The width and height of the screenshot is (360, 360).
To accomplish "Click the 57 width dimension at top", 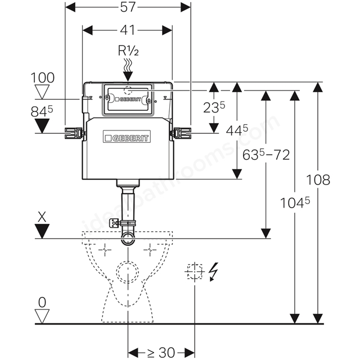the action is (128, 7).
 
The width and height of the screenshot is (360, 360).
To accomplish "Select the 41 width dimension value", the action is (128, 30).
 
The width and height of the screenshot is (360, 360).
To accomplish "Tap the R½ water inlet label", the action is (128, 51).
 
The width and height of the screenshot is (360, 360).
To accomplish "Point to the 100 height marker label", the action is (43, 78).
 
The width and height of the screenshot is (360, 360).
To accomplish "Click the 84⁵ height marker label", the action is (42, 112).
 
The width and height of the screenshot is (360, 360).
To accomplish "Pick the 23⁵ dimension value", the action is (214, 107).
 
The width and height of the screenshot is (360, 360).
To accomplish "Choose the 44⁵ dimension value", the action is (237, 130).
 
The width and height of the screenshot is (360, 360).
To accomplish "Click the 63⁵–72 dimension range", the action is (266, 155).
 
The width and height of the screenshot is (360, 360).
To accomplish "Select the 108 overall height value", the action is (318, 179).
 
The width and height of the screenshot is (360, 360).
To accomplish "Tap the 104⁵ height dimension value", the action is (295, 202).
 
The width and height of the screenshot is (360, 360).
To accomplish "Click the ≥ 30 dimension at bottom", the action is (161, 353).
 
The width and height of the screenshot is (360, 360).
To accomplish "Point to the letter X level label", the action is (42, 217).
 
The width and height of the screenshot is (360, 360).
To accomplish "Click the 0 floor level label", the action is (42, 303).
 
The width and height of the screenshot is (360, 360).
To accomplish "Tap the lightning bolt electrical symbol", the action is (213, 272).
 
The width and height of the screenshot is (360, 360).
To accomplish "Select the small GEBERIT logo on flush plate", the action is (128, 100).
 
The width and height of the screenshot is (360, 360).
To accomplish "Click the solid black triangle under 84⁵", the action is (42, 125).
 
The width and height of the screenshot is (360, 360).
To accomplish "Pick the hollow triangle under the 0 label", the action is (42, 316).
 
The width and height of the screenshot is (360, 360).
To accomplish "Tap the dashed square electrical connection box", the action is (195, 272).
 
